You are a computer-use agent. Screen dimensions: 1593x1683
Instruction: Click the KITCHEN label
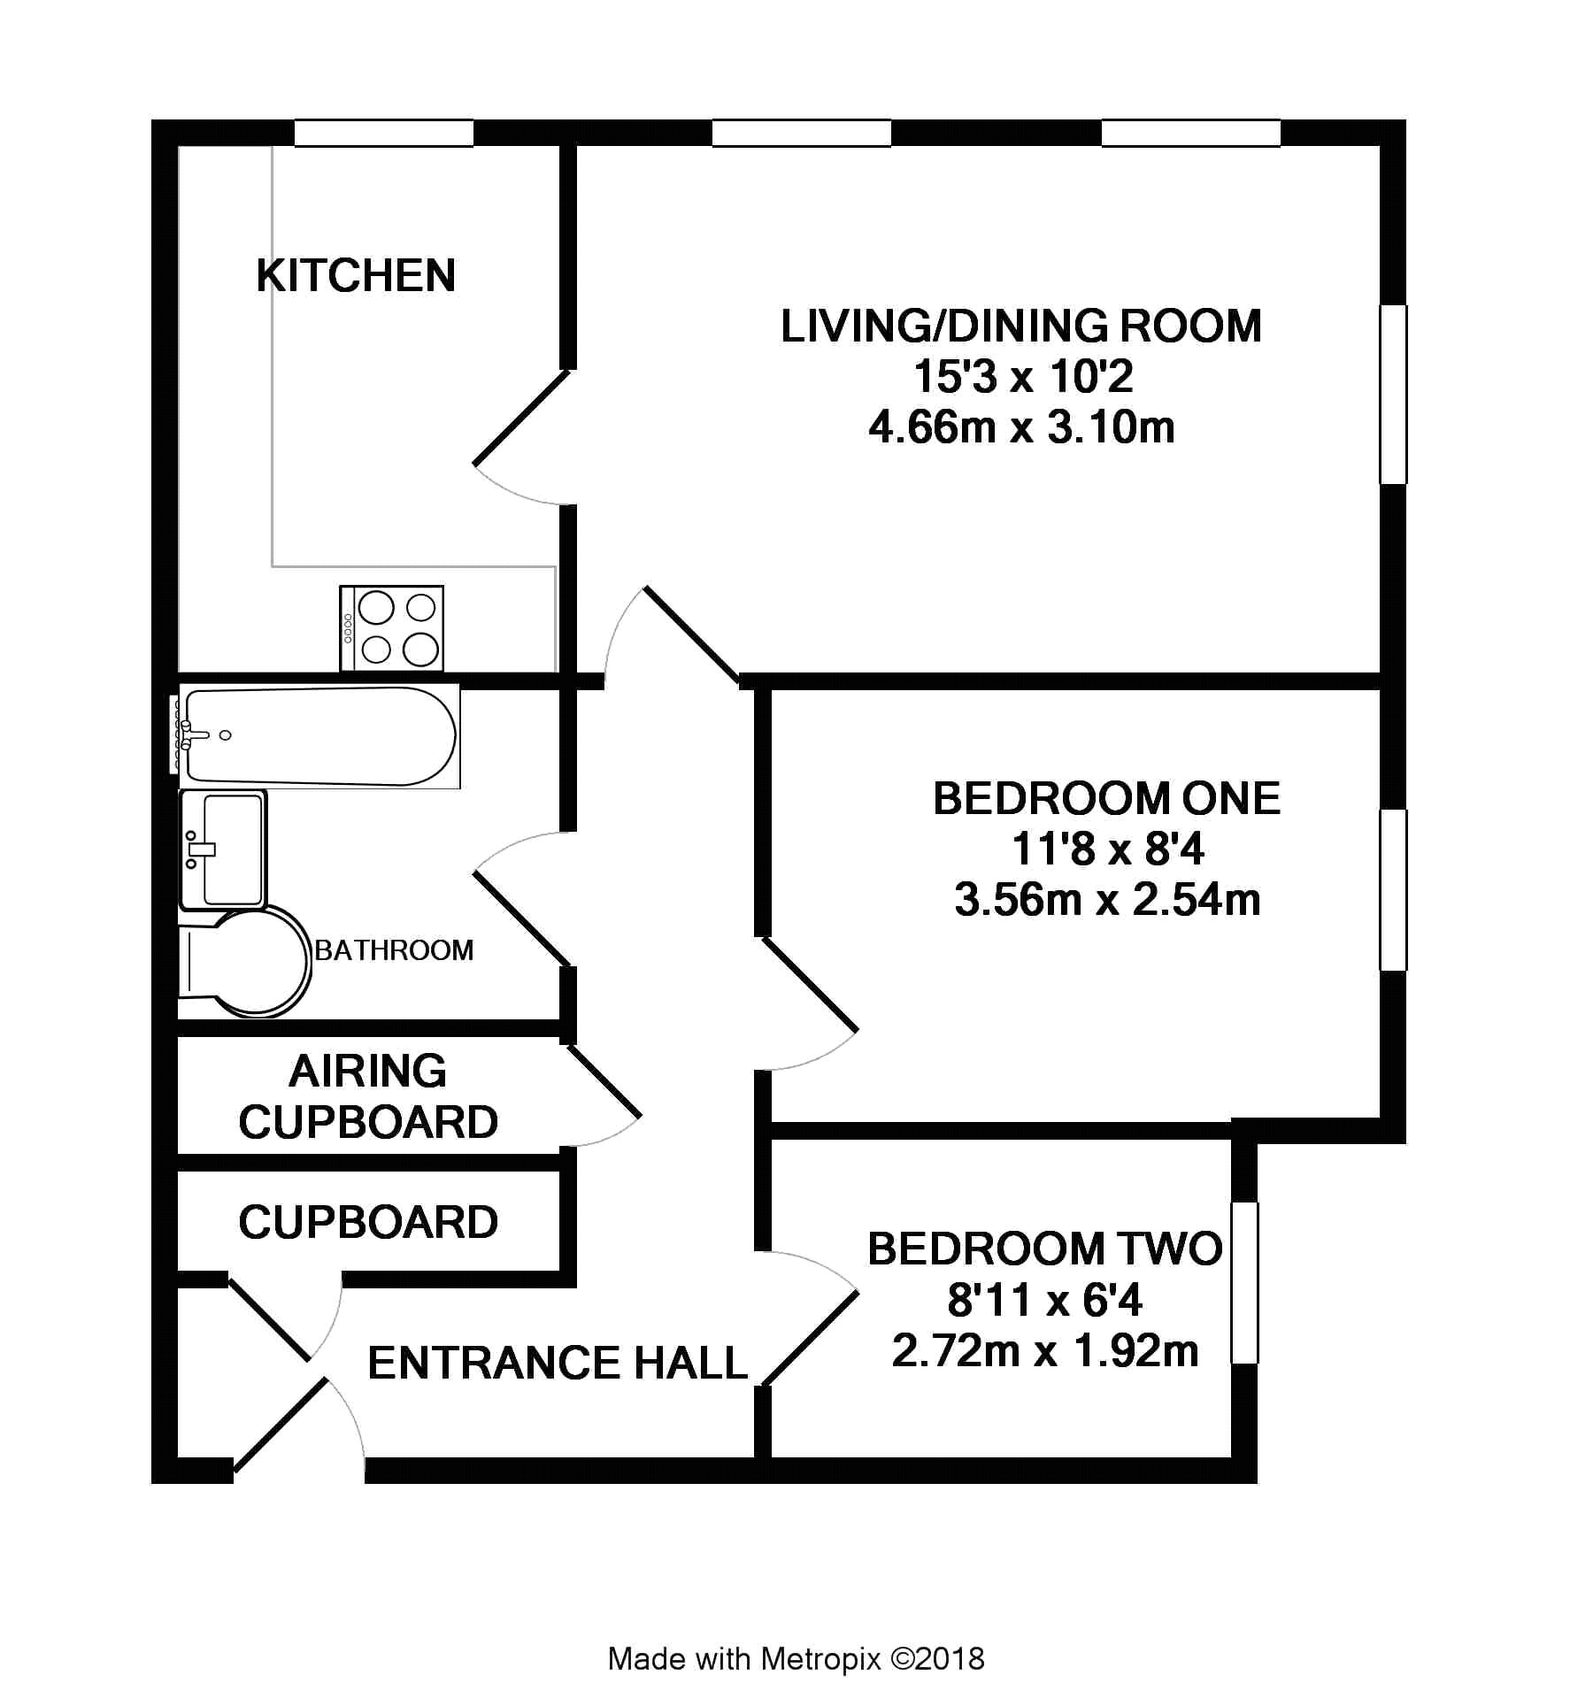(x=356, y=275)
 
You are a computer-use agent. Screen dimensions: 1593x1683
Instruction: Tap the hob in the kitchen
(x=391, y=627)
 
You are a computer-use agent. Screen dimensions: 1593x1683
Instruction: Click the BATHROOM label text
(x=395, y=950)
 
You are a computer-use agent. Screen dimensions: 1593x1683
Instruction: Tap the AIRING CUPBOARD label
(x=368, y=1096)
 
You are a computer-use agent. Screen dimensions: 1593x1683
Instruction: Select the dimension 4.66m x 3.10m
(x=1021, y=427)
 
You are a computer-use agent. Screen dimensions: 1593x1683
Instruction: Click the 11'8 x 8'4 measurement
(x=1107, y=849)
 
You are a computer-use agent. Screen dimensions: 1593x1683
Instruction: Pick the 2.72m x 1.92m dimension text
(x=1045, y=1351)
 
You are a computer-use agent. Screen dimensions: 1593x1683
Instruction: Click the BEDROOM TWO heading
(x=1045, y=1249)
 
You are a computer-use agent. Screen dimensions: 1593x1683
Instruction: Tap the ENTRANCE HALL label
(x=558, y=1363)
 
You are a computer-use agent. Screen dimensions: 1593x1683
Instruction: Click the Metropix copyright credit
(x=796, y=1658)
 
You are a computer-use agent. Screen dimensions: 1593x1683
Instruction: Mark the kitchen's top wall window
(x=383, y=133)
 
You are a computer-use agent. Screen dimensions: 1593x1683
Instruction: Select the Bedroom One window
(x=1394, y=889)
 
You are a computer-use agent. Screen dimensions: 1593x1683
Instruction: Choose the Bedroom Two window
(x=1244, y=1282)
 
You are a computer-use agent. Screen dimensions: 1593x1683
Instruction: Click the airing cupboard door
(x=602, y=1081)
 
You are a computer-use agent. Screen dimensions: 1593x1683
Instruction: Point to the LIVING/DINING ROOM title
(x=1021, y=326)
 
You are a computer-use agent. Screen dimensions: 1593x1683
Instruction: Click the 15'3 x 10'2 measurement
(x=1022, y=377)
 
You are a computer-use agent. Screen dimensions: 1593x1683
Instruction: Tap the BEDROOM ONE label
(x=1107, y=798)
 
